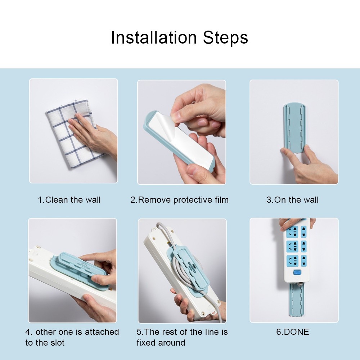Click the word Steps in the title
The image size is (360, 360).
(225, 38)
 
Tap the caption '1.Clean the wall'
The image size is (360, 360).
(69, 200)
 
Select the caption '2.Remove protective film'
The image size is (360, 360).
(179, 200)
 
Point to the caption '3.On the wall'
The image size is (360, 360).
(292, 200)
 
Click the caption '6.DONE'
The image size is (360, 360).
(292, 332)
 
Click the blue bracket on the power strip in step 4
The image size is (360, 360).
(77, 268)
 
